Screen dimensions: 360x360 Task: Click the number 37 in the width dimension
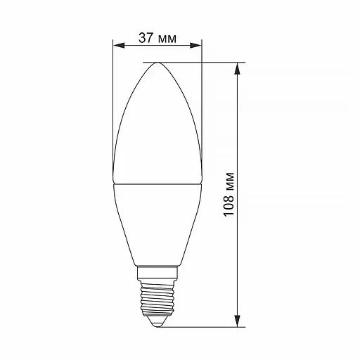146,38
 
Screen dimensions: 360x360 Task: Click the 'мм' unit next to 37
167,39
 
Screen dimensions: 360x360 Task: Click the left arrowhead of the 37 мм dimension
119,46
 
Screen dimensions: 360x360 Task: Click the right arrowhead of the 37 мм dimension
195,46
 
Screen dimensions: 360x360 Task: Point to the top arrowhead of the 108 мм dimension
238,69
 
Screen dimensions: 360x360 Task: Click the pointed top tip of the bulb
157,63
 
